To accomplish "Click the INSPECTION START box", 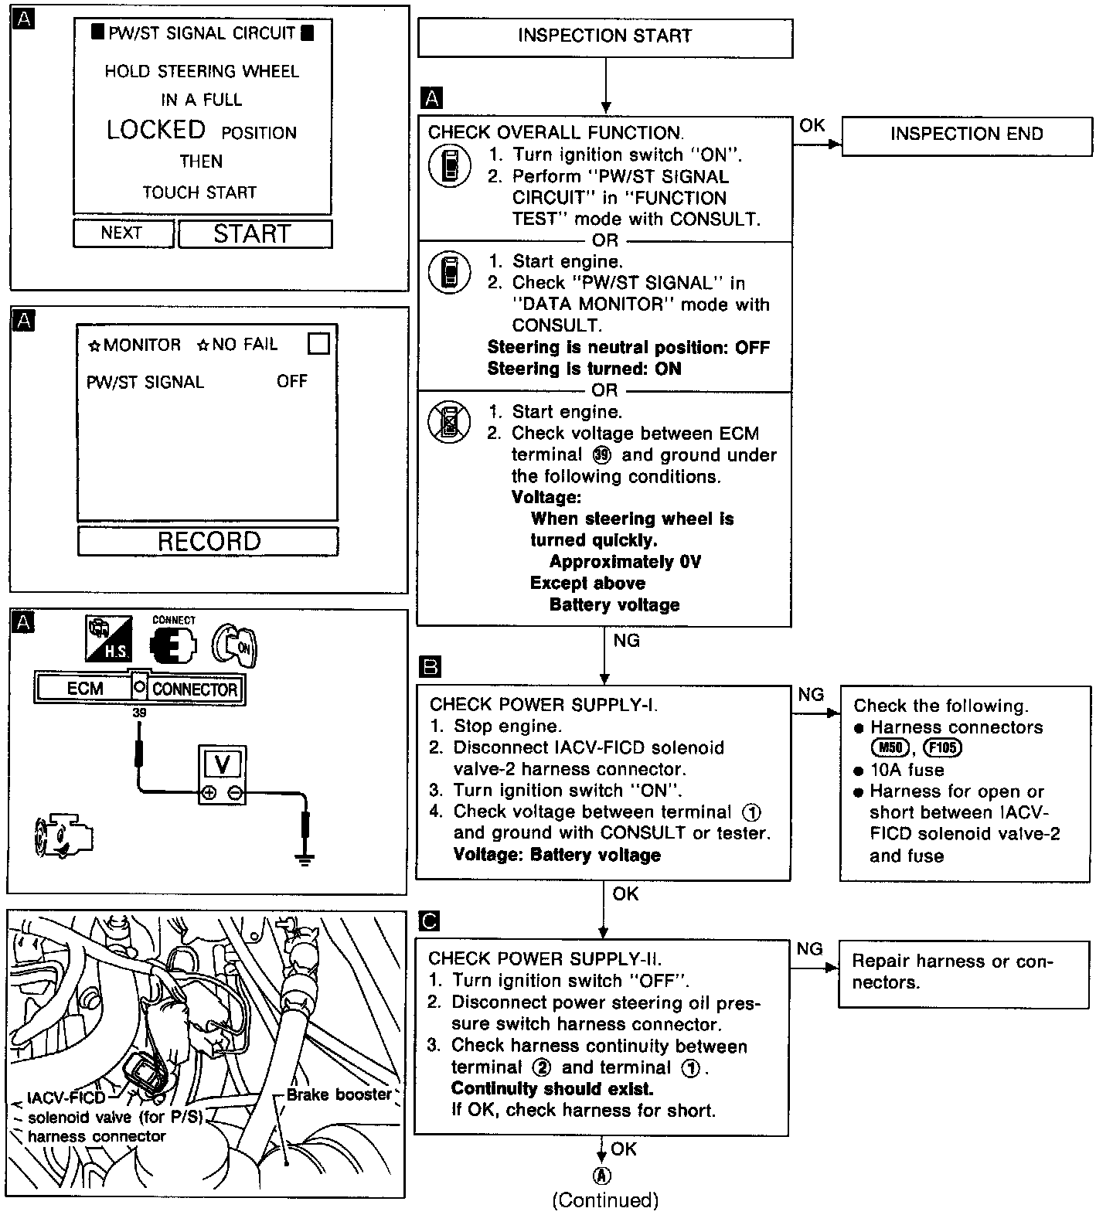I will [605, 37].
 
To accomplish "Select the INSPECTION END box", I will [966, 135].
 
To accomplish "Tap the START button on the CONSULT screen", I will [254, 233].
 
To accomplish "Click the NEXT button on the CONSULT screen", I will [122, 233].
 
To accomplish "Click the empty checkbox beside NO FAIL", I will [318, 343].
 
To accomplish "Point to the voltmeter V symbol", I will [223, 764].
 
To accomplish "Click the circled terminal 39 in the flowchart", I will [601, 455].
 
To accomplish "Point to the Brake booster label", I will [338, 1094].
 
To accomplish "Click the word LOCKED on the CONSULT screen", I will [156, 130].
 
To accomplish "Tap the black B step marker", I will [430, 666].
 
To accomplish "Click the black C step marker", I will [428, 921].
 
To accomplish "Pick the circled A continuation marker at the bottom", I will [602, 1175].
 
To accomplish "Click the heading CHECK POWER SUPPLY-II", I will [544, 958].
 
